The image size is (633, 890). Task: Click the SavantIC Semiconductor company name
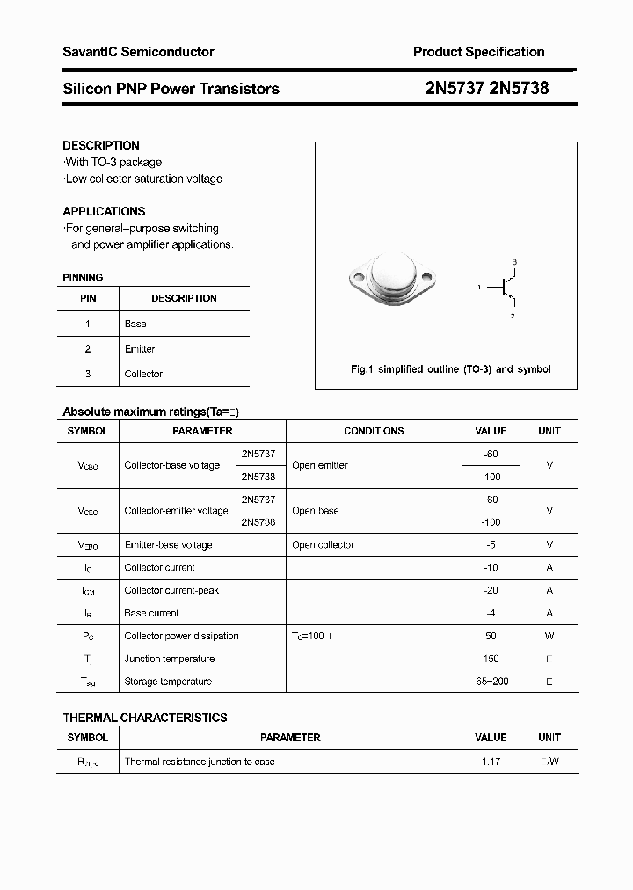tap(138, 53)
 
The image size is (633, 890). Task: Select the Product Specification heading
tap(478, 53)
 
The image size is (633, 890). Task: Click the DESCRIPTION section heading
tap(101, 145)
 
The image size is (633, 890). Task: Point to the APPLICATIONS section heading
tap(104, 211)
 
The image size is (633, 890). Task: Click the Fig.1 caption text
tap(450, 370)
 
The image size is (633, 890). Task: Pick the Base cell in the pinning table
tap(135, 324)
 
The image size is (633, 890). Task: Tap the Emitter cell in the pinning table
tap(140, 349)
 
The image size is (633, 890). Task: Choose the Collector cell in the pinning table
tap(143, 374)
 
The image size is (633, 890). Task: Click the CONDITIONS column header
tap(374, 431)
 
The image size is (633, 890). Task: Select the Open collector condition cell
tap(323, 545)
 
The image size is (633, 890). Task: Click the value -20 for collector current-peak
tap(491, 591)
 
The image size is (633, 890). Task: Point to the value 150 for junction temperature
tap(491, 659)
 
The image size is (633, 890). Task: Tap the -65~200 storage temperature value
tap(491, 682)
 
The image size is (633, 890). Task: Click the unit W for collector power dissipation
tap(549, 636)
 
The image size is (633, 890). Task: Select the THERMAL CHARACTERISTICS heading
tap(145, 718)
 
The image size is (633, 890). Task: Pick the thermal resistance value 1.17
tap(491, 762)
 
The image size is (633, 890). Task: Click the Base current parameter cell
tap(152, 614)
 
